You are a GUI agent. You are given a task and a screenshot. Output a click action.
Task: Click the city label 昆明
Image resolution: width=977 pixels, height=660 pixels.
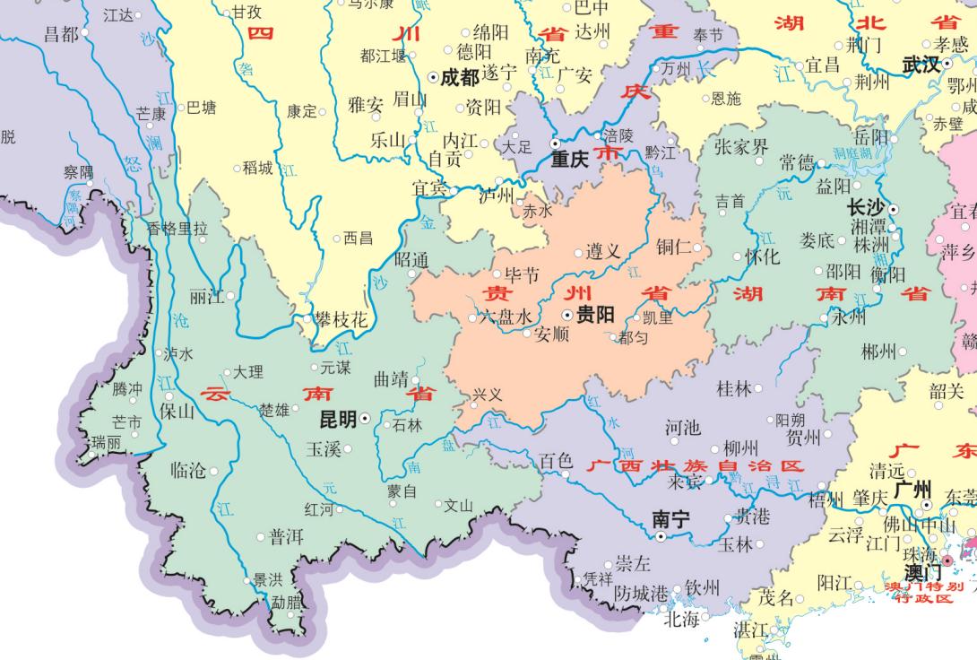point(338,419)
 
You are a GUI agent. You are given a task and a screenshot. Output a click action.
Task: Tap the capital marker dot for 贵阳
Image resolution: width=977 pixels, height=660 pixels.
point(567,316)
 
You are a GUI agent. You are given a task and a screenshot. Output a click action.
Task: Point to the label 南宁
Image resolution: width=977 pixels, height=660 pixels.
point(671,518)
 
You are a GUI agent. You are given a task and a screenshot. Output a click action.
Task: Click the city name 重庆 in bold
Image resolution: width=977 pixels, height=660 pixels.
point(569,160)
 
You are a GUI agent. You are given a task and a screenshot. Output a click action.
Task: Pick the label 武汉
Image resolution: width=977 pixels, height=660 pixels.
point(921,65)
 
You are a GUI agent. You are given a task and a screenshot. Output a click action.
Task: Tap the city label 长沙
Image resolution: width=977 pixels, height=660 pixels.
point(866,207)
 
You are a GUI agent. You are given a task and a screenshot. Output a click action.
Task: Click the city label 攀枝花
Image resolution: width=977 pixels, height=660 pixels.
point(341,319)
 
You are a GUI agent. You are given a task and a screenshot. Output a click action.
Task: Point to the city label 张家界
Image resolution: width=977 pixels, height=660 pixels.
point(741,147)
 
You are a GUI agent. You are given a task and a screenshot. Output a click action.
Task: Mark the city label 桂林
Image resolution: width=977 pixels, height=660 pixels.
point(734,388)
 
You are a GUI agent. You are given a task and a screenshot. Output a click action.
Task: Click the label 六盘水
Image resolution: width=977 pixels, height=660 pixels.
point(506,317)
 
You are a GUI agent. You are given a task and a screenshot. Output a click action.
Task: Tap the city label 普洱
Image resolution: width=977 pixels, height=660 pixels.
point(286,536)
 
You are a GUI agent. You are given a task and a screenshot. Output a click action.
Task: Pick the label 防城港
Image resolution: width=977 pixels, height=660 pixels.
point(642,593)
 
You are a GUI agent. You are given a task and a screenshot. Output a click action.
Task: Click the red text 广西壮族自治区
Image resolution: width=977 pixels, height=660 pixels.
point(695,466)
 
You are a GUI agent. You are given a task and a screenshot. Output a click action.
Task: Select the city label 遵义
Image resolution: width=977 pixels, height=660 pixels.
point(603,252)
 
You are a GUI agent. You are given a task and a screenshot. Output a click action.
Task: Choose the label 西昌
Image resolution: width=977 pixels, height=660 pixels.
point(358,238)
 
